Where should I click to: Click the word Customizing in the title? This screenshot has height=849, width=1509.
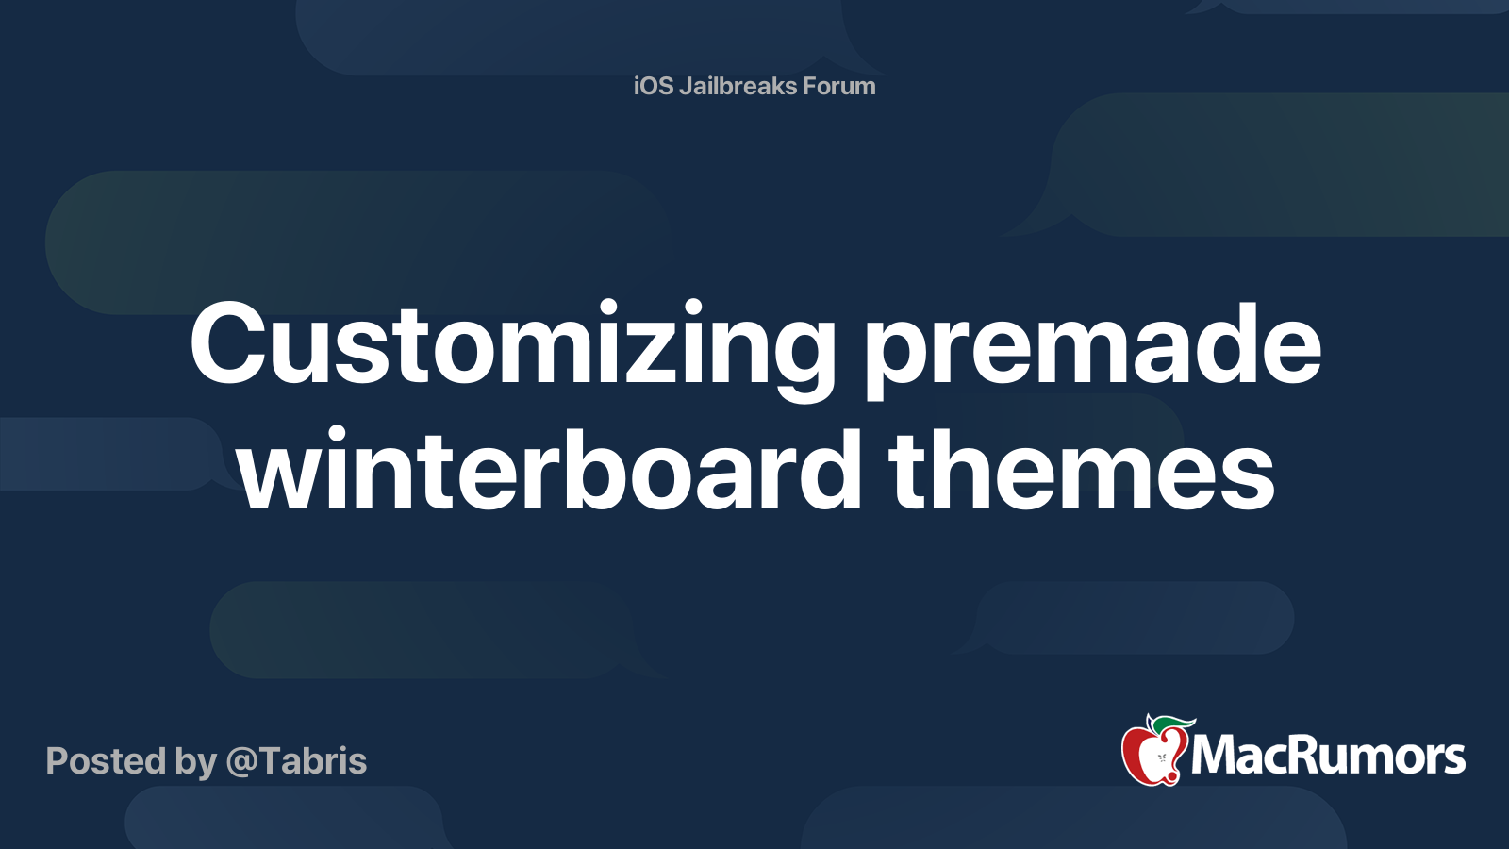click(512, 347)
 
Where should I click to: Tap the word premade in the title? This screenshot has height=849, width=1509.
click(1093, 347)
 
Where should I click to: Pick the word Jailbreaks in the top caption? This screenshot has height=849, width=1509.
click(738, 86)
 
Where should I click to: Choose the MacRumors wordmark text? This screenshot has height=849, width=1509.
click(1328, 756)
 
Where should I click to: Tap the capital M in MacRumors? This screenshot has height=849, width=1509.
click(1216, 756)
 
